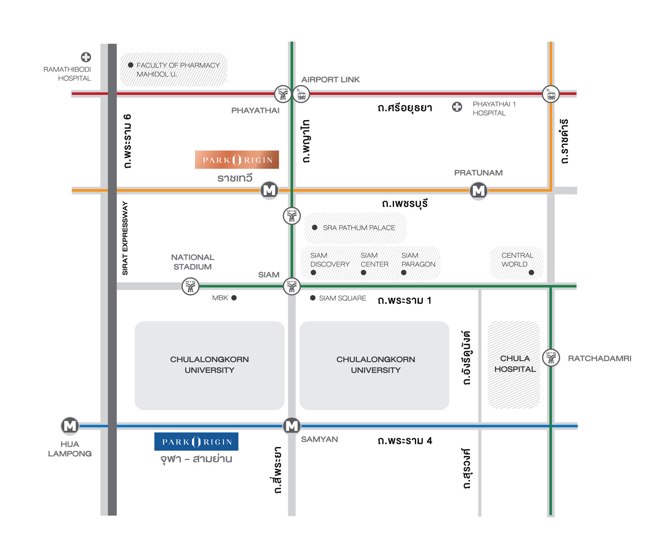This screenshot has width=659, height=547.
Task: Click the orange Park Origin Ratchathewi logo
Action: pyautogui.click(x=237, y=160)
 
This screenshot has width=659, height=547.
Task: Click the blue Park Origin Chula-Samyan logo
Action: pyautogui.click(x=196, y=441)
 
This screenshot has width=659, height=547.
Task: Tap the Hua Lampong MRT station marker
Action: pyautogui.click(x=70, y=425)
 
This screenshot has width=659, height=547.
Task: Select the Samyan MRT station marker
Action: pyautogui.click(x=292, y=425)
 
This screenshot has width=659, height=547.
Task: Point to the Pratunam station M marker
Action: pyautogui.click(x=478, y=190)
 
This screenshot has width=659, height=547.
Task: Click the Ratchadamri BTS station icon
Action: pyautogui.click(x=551, y=358)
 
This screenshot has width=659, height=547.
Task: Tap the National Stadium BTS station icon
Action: pyautogui.click(x=190, y=286)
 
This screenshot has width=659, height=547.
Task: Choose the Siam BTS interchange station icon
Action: pyautogui.click(x=292, y=286)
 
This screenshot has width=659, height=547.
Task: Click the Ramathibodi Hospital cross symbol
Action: pyautogui.click(x=86, y=57)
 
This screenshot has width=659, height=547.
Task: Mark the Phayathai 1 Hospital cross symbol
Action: pyautogui.click(x=457, y=107)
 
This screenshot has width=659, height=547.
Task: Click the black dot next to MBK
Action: pyautogui.click(x=234, y=298)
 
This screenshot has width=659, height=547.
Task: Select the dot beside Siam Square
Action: pyautogui.click(x=313, y=298)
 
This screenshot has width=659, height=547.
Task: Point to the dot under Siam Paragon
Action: pyautogui.click(x=404, y=273)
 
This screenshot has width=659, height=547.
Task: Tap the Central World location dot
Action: pyautogui.click(x=531, y=273)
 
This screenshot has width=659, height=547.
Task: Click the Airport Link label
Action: pyautogui.click(x=330, y=80)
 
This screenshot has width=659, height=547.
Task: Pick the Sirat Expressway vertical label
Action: pyautogui.click(x=125, y=238)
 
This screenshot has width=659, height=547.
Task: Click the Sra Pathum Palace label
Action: pyautogui.click(x=359, y=228)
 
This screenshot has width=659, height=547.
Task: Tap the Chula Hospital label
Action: pyautogui.click(x=515, y=364)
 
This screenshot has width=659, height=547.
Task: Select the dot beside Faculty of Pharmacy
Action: pyautogui.click(x=131, y=65)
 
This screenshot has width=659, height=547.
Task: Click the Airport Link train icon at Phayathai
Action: pyautogui.click(x=301, y=94)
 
